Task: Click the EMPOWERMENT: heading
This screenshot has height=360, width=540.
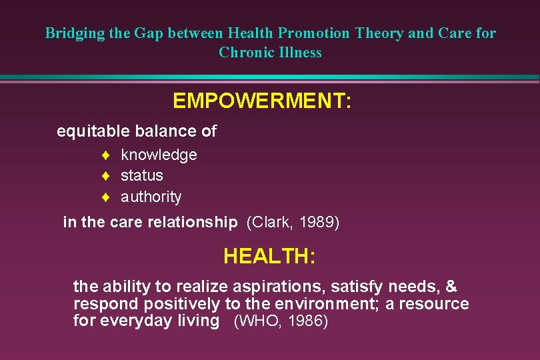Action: pos(262,101)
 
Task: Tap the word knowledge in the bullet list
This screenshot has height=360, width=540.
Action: pos(159,155)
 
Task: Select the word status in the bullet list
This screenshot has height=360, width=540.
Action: pos(141,175)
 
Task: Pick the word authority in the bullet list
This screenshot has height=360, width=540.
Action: pos(151,197)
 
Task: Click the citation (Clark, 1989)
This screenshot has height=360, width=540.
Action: pos(293,222)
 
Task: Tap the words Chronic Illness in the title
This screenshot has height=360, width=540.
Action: pos(270,53)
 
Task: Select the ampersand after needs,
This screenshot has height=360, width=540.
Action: pos(451,287)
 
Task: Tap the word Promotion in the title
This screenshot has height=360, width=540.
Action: pos(314,33)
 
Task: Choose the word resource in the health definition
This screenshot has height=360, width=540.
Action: pos(436,304)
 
